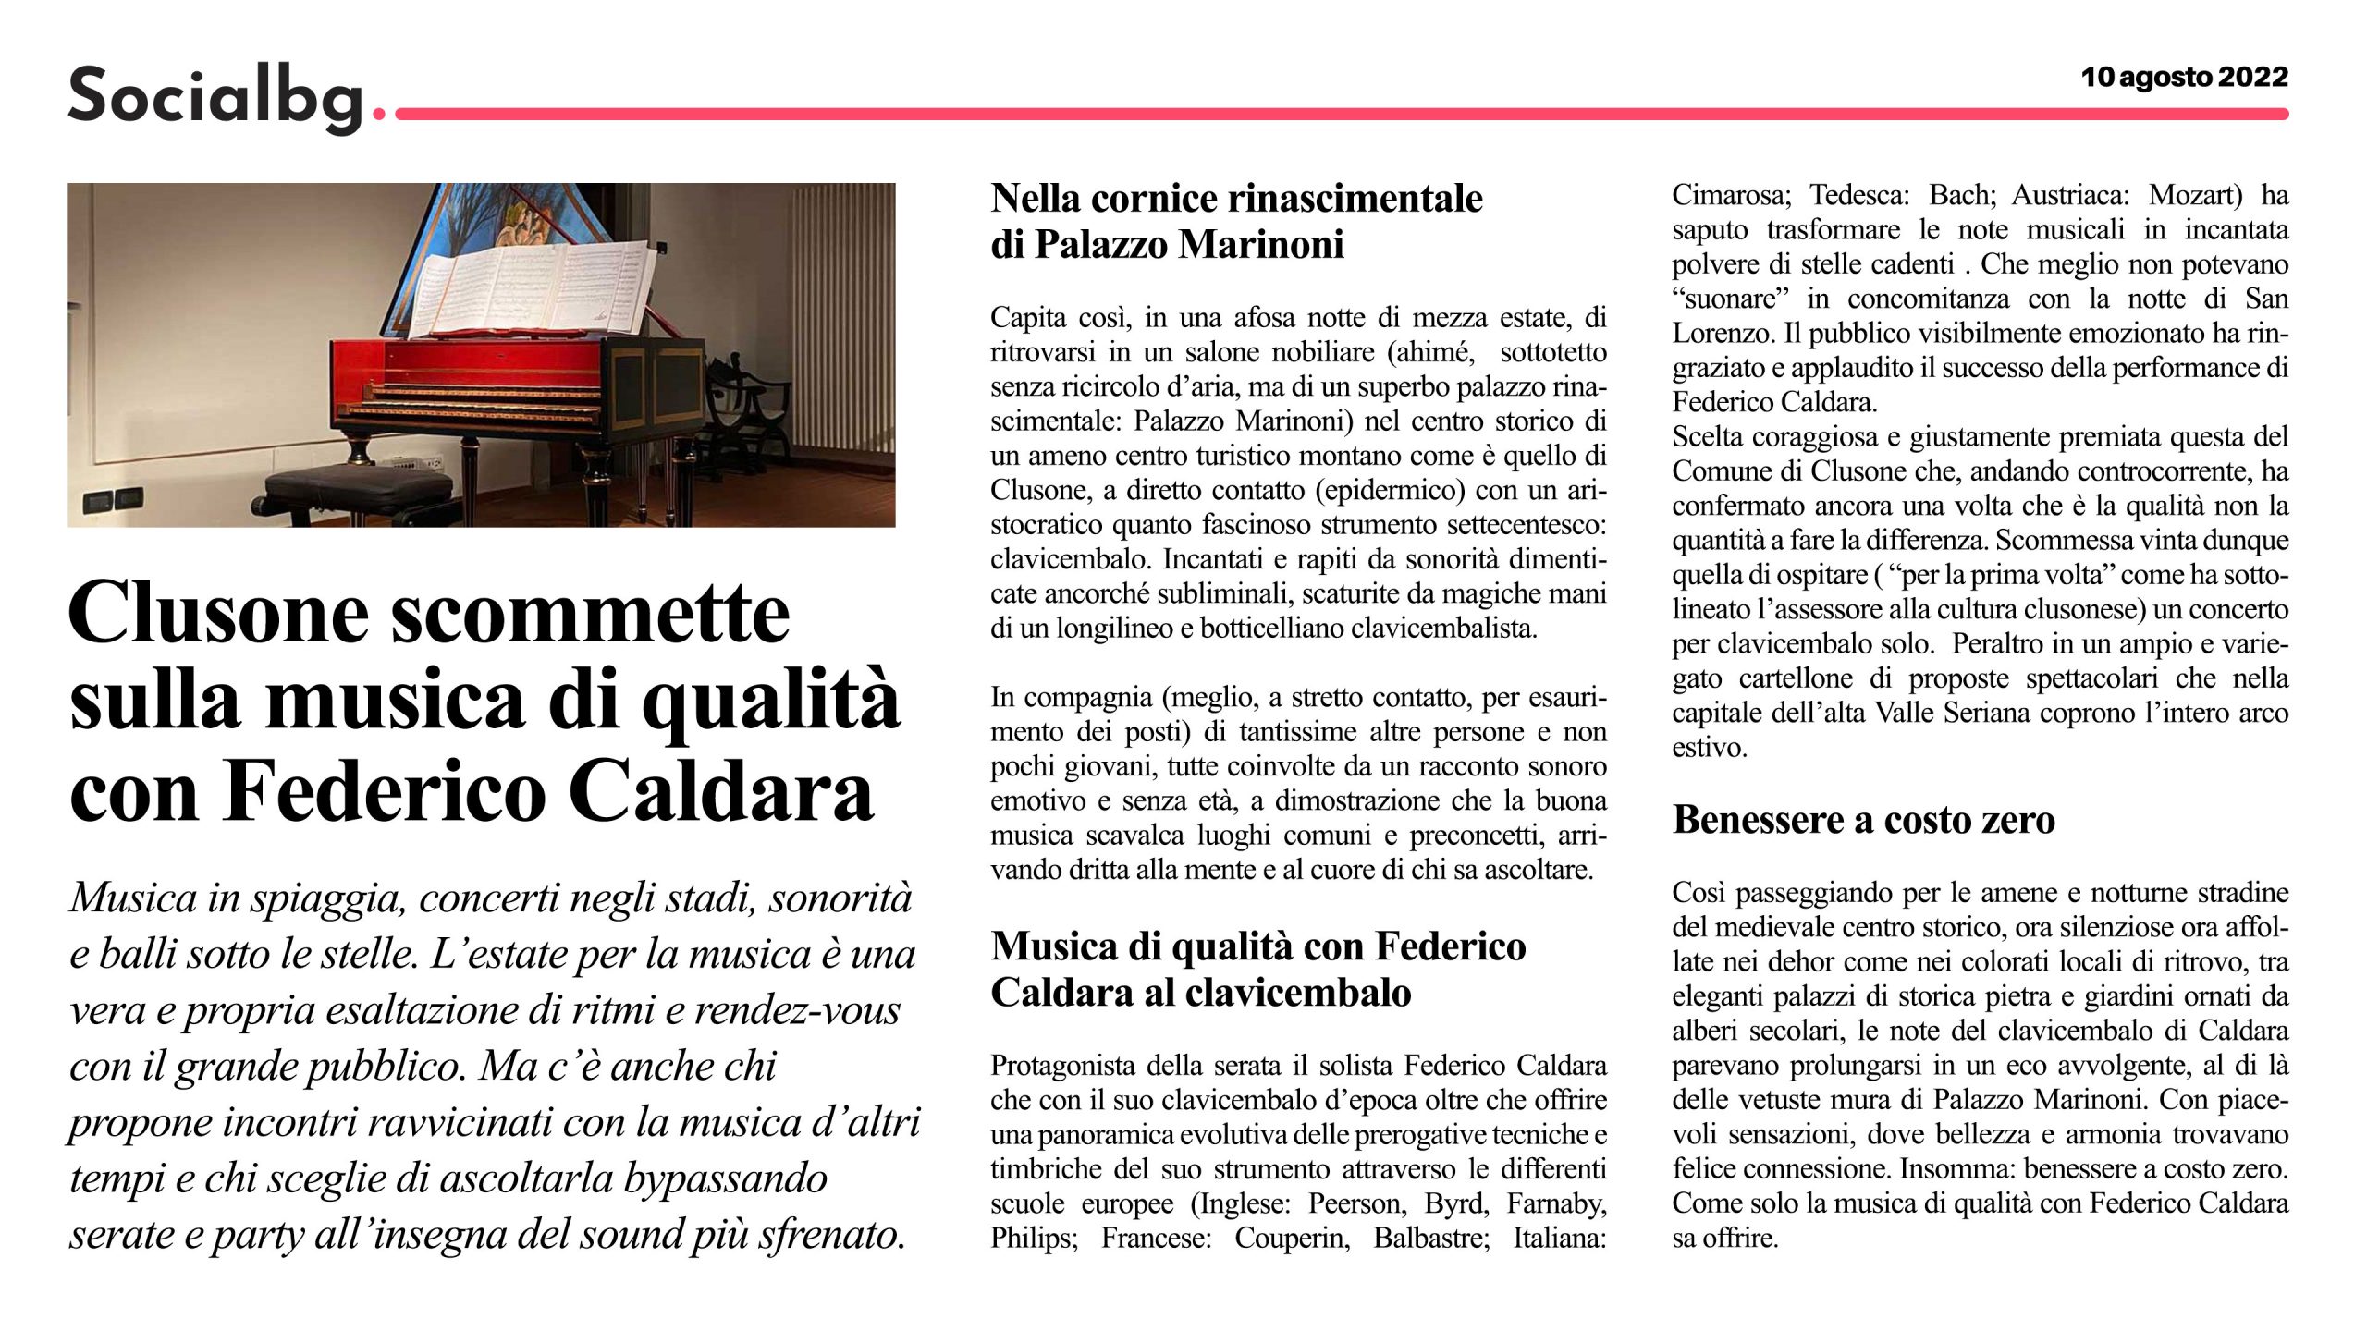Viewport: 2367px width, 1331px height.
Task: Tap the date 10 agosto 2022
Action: [2184, 77]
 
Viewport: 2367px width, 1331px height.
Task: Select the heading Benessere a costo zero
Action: [1863, 820]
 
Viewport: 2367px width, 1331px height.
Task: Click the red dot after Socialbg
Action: [377, 115]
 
